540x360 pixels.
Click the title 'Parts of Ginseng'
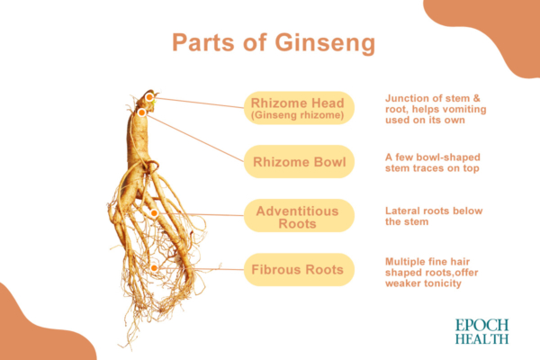tap(270, 44)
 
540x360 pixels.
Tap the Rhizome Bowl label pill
tap(300, 162)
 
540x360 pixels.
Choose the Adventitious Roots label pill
tap(300, 216)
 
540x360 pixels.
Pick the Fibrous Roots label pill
tap(300, 269)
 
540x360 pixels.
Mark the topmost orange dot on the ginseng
tap(149, 96)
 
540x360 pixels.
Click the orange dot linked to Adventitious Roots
tap(154, 213)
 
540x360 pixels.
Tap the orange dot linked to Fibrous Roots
tap(155, 267)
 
